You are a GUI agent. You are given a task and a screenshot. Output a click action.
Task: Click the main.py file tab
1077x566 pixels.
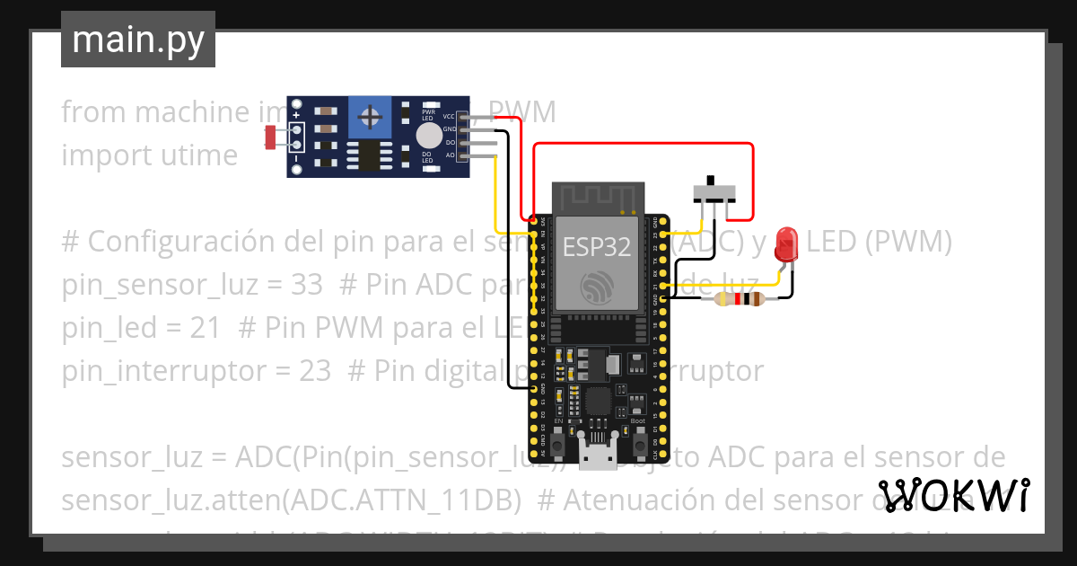pos(137,40)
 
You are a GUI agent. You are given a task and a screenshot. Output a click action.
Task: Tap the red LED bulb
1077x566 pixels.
pos(788,242)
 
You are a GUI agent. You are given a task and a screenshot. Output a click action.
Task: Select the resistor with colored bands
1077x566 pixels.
pos(739,300)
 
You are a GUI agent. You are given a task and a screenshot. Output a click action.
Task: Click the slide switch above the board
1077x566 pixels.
pos(715,191)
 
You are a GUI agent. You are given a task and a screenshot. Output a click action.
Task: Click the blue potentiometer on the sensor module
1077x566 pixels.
pos(368,117)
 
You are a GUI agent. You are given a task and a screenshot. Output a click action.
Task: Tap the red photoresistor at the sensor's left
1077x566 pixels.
pos(270,137)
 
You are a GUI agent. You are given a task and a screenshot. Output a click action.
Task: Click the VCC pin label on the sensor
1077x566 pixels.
pos(449,117)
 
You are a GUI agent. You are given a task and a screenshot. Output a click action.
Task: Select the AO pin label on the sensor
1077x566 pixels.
pos(451,155)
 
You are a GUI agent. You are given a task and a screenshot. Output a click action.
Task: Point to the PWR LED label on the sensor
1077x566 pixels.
pos(429,112)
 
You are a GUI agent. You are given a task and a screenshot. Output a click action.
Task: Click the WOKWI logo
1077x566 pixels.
pos(953,495)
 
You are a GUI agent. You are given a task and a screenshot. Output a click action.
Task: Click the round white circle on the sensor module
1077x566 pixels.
pos(429,136)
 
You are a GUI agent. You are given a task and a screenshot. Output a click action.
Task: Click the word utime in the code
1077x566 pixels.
pos(196,155)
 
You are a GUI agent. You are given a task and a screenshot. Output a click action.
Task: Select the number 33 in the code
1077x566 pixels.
pos(307,285)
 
